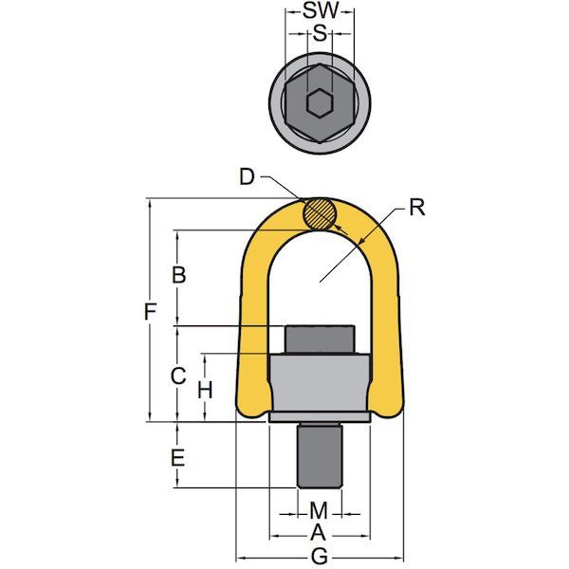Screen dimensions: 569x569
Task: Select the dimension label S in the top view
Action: tap(320, 34)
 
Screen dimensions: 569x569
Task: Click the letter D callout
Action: tap(248, 177)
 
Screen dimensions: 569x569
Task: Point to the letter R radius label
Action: tap(415, 207)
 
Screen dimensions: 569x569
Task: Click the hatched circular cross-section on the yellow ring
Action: tap(320, 213)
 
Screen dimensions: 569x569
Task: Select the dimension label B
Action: tap(175, 276)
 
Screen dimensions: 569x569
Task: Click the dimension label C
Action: tap(175, 376)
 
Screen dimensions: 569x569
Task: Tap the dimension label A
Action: tap(320, 533)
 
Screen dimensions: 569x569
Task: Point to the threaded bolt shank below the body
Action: tap(320, 463)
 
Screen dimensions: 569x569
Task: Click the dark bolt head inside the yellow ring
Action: tap(320, 339)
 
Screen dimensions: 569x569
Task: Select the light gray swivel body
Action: tap(320, 384)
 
